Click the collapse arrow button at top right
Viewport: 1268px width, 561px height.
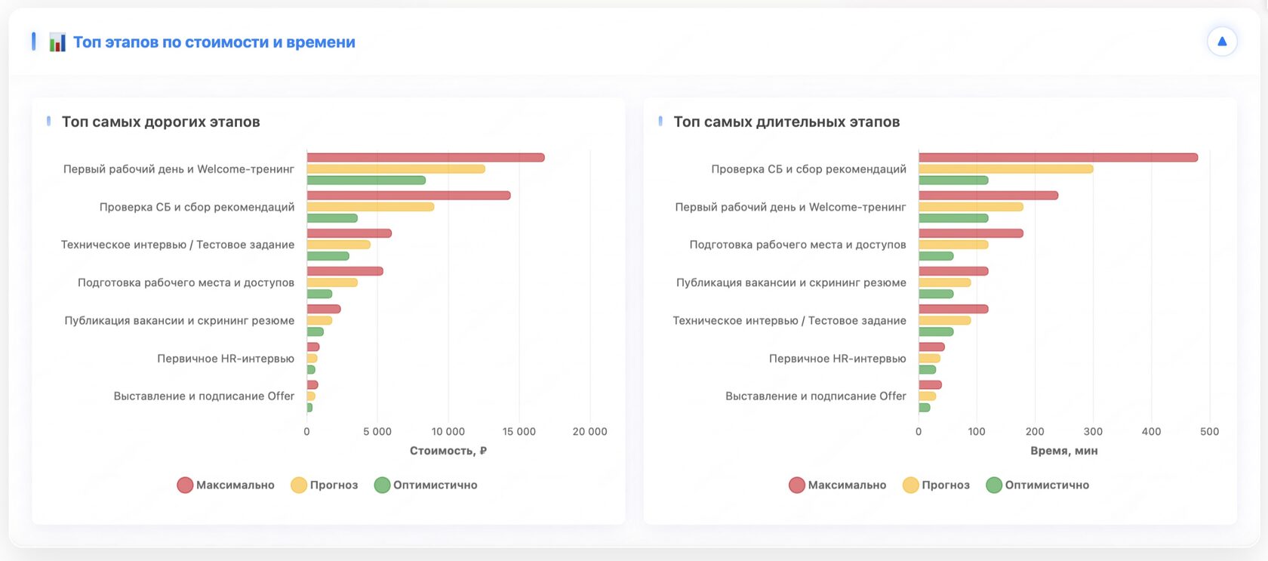tap(1221, 42)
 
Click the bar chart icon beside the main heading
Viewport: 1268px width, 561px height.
tap(57, 42)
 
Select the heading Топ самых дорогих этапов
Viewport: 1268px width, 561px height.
tap(161, 122)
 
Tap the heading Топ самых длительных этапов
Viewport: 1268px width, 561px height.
tap(786, 122)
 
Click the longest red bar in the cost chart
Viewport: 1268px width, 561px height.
tap(425, 158)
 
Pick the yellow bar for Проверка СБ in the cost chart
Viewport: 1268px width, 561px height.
tap(370, 207)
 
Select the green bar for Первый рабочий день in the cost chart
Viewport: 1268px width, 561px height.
tap(366, 180)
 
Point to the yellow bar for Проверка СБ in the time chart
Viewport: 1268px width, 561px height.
tap(1005, 169)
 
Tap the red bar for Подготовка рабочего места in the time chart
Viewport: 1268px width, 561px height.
tap(971, 233)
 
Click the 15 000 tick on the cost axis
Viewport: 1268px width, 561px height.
tap(519, 432)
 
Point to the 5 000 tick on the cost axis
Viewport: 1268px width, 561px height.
tap(377, 432)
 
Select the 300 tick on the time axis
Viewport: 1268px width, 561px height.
tap(1093, 432)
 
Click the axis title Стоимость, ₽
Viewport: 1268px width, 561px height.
tap(448, 451)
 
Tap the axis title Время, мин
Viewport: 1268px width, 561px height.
tap(1063, 451)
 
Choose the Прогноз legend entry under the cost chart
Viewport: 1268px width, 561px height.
tap(325, 485)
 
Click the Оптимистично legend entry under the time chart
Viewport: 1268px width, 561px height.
tap(1038, 485)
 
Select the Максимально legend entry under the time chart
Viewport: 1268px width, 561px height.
tap(838, 485)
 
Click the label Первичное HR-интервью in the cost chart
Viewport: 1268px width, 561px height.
tap(226, 359)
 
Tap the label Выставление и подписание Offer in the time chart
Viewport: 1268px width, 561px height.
tap(815, 396)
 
